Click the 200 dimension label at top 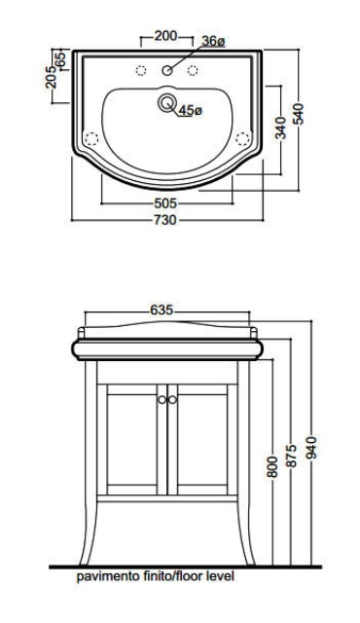[x=166, y=36]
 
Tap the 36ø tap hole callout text [x=213, y=41]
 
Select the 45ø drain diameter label [x=191, y=110]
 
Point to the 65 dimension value [x=60, y=59]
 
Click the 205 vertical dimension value [x=52, y=77]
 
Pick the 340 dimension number [x=280, y=128]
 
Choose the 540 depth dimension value [x=299, y=114]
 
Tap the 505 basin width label [x=165, y=203]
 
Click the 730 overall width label [x=165, y=219]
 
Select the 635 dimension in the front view [x=162, y=310]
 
